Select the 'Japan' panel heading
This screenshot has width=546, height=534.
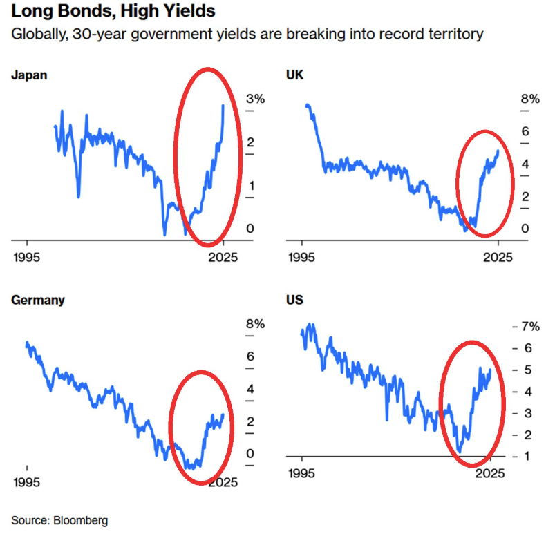click(x=29, y=75)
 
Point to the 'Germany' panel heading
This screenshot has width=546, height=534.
click(x=38, y=300)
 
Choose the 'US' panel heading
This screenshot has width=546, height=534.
click(x=294, y=300)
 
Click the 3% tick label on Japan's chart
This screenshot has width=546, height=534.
click(x=255, y=99)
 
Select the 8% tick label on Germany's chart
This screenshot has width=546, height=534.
click(x=255, y=323)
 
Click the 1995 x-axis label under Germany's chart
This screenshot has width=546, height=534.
click(x=27, y=481)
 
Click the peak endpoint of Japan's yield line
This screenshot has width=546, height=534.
click(x=223, y=105)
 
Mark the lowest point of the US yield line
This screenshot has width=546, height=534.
click(x=460, y=451)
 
